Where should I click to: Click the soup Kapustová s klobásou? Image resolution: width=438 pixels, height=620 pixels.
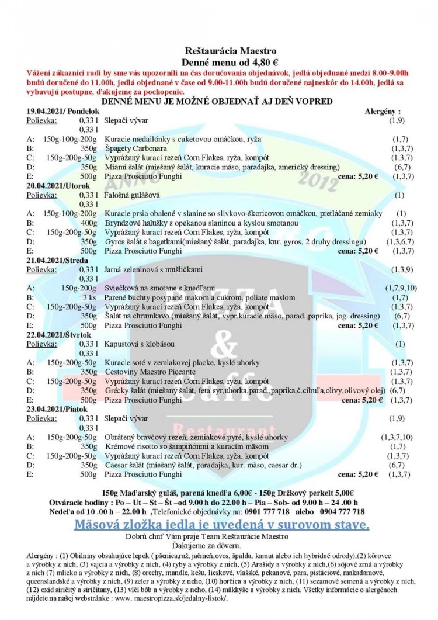click(x=140, y=345)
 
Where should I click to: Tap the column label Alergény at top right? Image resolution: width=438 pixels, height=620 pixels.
click(x=383, y=110)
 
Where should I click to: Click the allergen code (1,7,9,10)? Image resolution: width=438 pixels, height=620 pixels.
click(x=400, y=289)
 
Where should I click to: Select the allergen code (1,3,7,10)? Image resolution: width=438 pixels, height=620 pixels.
click(x=397, y=437)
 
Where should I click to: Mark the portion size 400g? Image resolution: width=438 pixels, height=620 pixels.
click(x=89, y=223)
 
